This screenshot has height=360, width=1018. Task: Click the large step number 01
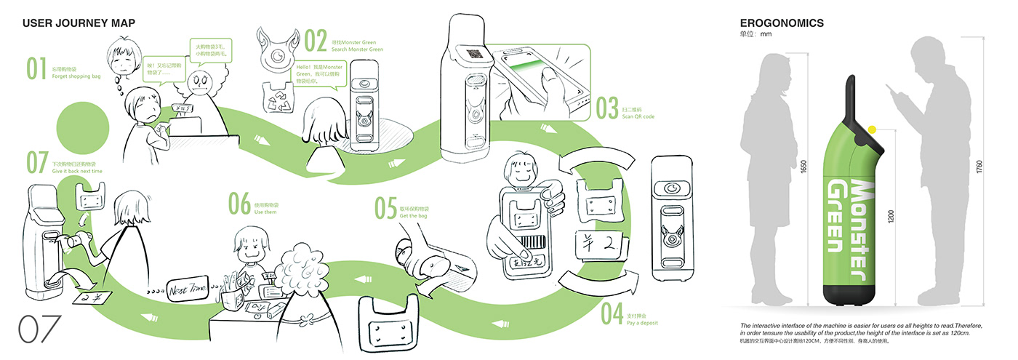(x=36, y=68)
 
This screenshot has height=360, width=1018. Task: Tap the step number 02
(x=316, y=41)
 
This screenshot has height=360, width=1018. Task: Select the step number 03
(x=607, y=108)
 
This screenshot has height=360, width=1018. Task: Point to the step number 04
(x=612, y=314)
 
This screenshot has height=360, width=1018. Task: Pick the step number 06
(x=239, y=204)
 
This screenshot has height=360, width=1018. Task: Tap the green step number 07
(x=36, y=163)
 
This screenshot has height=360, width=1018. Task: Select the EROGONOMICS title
(x=782, y=23)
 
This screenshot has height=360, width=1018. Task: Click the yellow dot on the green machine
(x=872, y=129)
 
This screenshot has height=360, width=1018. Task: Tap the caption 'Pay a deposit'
(x=641, y=322)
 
